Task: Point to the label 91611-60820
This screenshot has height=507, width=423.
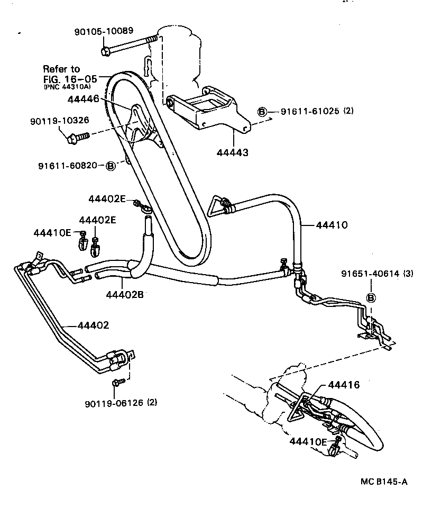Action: pos(67,165)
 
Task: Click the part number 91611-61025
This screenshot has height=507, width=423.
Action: pos(310,111)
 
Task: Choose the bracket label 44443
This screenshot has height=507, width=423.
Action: pos(233,152)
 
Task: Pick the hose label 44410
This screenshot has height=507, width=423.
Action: pos(332,225)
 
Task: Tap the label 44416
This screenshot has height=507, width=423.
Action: pos(344,385)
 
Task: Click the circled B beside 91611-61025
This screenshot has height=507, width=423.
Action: pos(262,111)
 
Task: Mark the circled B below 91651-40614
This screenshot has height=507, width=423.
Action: pos(371,298)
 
